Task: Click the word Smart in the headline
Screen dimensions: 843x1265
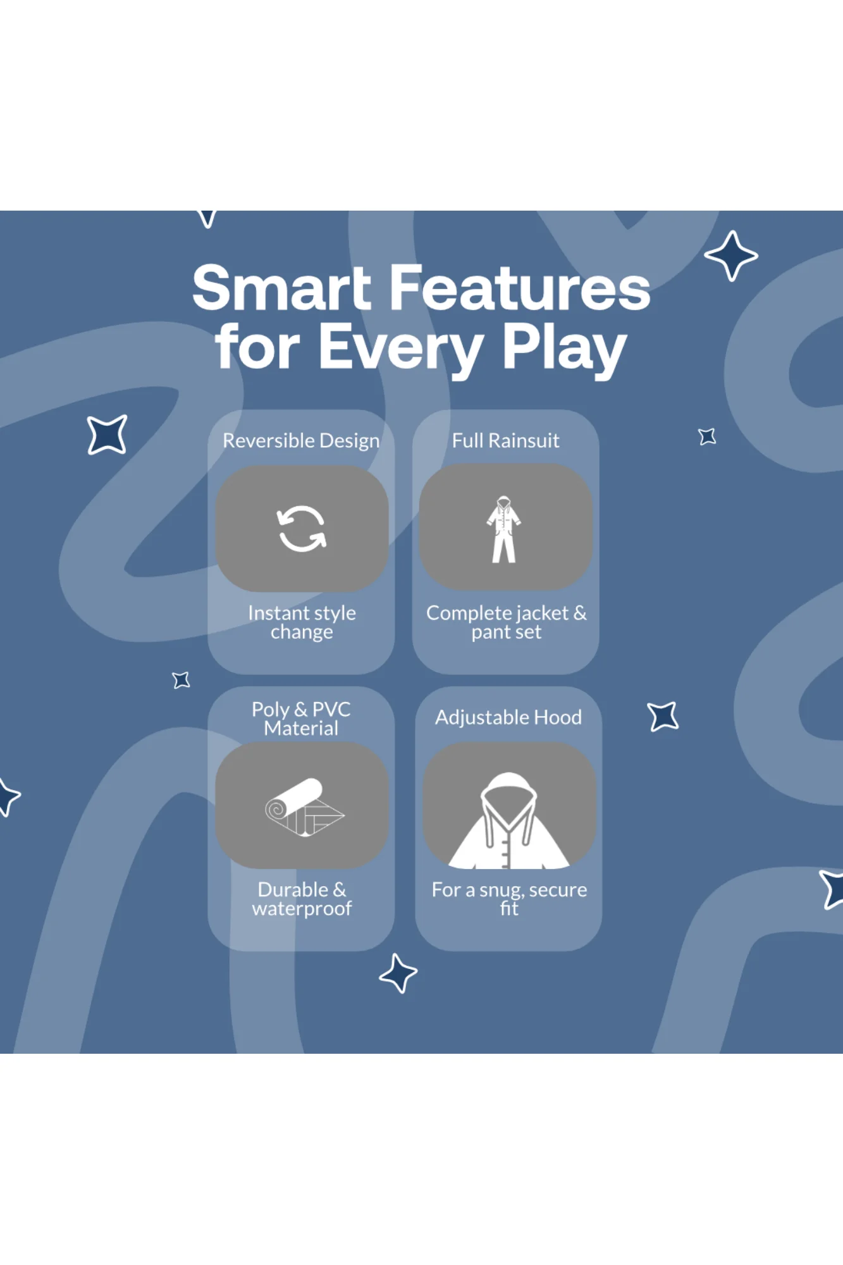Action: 282,288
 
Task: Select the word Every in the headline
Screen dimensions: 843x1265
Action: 401,348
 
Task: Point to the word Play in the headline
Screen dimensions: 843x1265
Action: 563,348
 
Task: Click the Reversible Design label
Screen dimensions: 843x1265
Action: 301,440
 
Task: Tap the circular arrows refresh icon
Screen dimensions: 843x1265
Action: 302,529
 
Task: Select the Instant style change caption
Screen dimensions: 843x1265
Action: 302,622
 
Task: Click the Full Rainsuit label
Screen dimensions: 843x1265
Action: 505,440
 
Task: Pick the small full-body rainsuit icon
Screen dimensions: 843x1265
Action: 504,529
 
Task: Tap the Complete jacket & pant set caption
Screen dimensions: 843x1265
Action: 506,622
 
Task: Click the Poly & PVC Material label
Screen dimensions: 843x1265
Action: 301,719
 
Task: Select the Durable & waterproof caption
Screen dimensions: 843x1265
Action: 302,899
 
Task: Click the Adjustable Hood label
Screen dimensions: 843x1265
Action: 508,717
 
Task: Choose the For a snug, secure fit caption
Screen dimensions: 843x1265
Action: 509,899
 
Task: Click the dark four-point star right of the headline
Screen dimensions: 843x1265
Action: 731,256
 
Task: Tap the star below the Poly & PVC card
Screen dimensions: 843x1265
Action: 398,973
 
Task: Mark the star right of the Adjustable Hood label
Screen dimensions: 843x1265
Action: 663,717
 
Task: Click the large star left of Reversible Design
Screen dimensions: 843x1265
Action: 108,435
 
